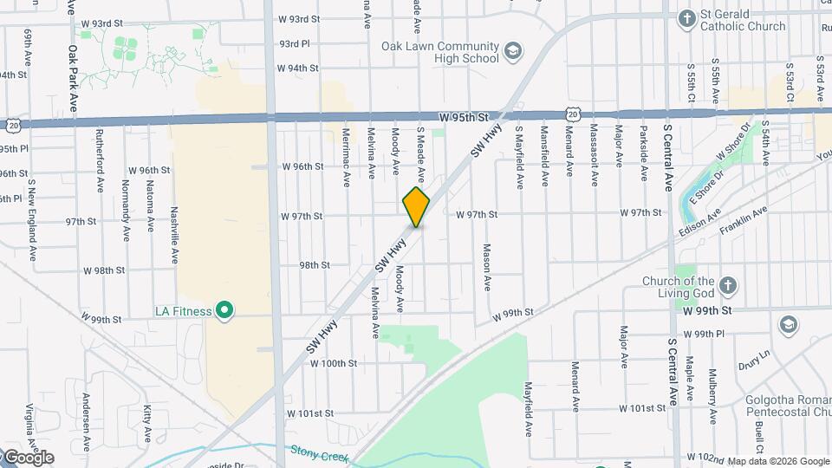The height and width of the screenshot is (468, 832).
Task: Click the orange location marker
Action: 417,207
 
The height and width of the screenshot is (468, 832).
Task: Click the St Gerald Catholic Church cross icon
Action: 687,18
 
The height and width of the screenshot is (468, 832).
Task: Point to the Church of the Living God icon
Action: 728,286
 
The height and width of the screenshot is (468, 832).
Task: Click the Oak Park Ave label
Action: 74,78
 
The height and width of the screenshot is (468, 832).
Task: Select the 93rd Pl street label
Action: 294,43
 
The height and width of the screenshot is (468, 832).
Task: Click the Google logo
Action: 28,458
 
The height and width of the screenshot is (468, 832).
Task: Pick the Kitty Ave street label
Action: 148,419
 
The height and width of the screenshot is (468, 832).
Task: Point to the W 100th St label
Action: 333,364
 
